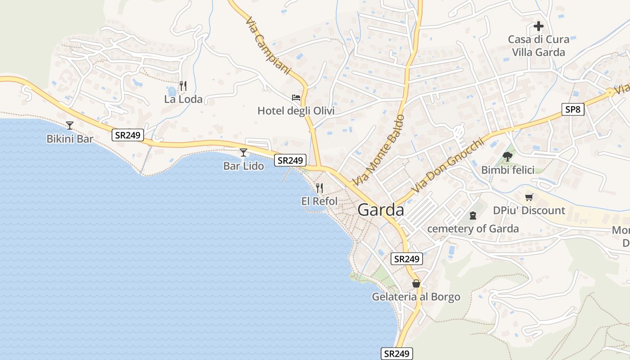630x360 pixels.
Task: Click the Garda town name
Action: pyautogui.click(x=381, y=210)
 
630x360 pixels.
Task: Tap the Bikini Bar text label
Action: pyautogui.click(x=70, y=139)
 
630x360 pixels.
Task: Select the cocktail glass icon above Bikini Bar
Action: pyautogui.click(x=70, y=125)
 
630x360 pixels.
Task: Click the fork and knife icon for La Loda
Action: pyautogui.click(x=183, y=85)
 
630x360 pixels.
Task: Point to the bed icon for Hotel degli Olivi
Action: pyautogui.click(x=296, y=97)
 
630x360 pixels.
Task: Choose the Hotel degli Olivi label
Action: pyautogui.click(x=296, y=111)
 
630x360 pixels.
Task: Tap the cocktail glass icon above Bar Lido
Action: pyautogui.click(x=243, y=153)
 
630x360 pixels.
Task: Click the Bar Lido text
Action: pyautogui.click(x=243, y=166)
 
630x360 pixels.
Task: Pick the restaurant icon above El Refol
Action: pyautogui.click(x=319, y=188)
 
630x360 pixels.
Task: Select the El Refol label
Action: pyautogui.click(x=319, y=201)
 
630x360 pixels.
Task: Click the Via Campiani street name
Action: pyautogui.click(x=269, y=45)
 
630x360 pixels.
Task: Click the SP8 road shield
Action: pyautogui.click(x=573, y=109)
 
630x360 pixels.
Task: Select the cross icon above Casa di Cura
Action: pyautogui.click(x=539, y=26)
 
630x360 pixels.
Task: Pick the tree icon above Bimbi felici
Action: pyautogui.click(x=508, y=157)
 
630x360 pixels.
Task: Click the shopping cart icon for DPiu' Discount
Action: pyautogui.click(x=529, y=197)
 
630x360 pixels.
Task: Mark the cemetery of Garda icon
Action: pyautogui.click(x=472, y=216)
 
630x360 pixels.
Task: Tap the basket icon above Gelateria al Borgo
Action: pyautogui.click(x=416, y=283)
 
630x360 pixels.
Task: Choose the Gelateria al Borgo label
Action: pyautogui.click(x=416, y=297)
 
